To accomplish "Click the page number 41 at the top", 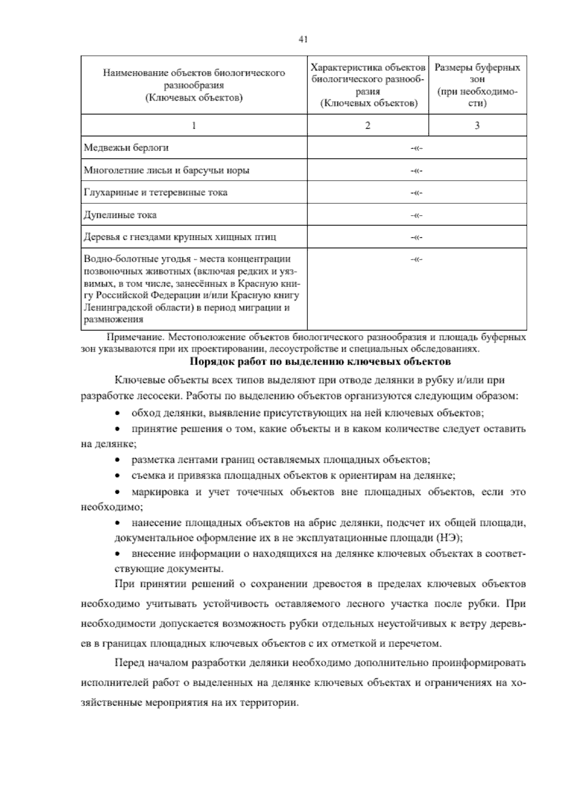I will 303,40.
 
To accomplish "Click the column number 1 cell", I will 194,125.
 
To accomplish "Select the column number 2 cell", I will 368,125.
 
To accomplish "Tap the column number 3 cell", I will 477,125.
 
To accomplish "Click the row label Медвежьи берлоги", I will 126,148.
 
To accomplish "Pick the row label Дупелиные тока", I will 120,215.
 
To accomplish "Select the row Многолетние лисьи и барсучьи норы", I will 166,170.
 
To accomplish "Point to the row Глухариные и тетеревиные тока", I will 155,192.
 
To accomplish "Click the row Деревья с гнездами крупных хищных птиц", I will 180,237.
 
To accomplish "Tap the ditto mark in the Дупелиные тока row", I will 416,216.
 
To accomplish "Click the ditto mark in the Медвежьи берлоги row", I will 416,148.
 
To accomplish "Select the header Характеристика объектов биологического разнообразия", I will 368,85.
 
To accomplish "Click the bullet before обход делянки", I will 118,413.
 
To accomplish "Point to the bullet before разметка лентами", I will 118,460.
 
